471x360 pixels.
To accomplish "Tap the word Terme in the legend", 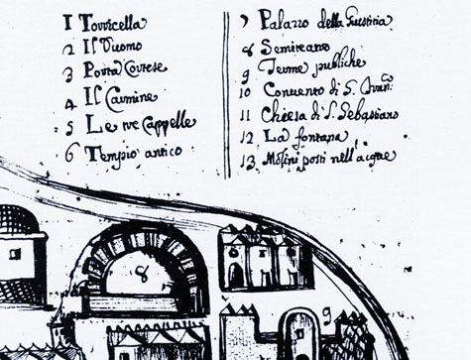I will pyautogui.click(x=276, y=67).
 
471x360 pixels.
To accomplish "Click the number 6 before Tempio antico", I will pyautogui.click(x=69, y=153).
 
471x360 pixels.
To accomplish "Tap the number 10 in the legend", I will pyautogui.click(x=246, y=92).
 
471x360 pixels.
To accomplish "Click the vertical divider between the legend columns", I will pyautogui.click(x=227, y=94).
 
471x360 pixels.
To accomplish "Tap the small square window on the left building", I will pyautogui.click(x=15, y=254).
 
